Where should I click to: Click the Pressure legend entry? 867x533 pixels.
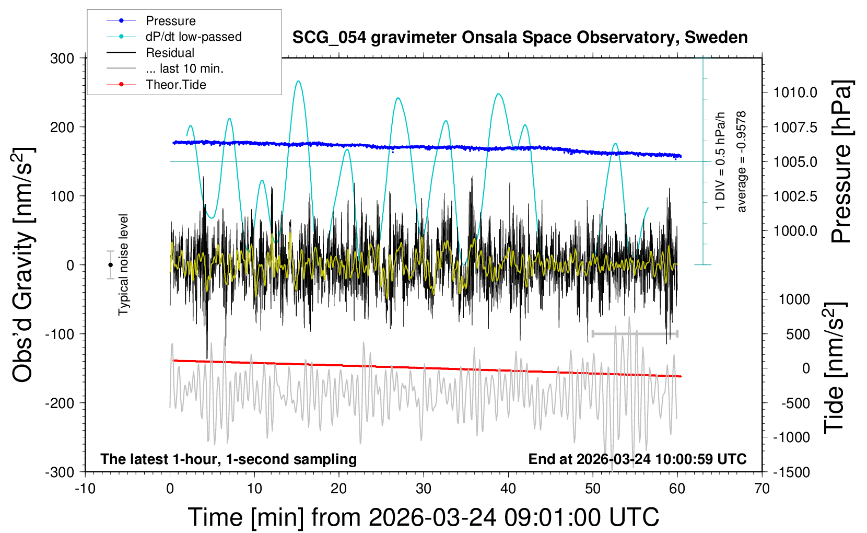tap(170, 21)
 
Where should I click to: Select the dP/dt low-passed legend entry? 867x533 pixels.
tap(193, 37)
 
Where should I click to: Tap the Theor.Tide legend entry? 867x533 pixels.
tap(176, 85)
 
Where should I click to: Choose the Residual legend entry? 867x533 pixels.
tap(170, 53)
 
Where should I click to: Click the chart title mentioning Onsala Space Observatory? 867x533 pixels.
tap(520, 38)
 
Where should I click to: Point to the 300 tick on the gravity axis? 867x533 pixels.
tap(62, 58)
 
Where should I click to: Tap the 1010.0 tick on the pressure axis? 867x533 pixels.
tap(795, 92)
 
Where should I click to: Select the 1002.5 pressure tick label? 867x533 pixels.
tap(795, 196)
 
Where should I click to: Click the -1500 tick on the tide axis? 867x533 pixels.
tap(791, 472)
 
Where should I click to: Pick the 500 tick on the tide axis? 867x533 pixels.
tap(798, 334)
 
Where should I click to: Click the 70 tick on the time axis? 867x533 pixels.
tap(762, 489)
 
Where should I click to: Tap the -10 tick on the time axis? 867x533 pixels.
tap(85, 489)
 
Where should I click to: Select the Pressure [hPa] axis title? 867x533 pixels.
tap(841, 161)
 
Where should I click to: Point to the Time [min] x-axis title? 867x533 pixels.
tap(423, 517)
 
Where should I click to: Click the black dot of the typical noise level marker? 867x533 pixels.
tap(110, 265)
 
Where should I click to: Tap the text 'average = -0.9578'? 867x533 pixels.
tap(741, 161)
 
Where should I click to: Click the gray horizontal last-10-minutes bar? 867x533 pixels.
tap(635, 333)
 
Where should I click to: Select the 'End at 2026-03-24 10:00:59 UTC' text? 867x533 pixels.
tap(637, 459)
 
